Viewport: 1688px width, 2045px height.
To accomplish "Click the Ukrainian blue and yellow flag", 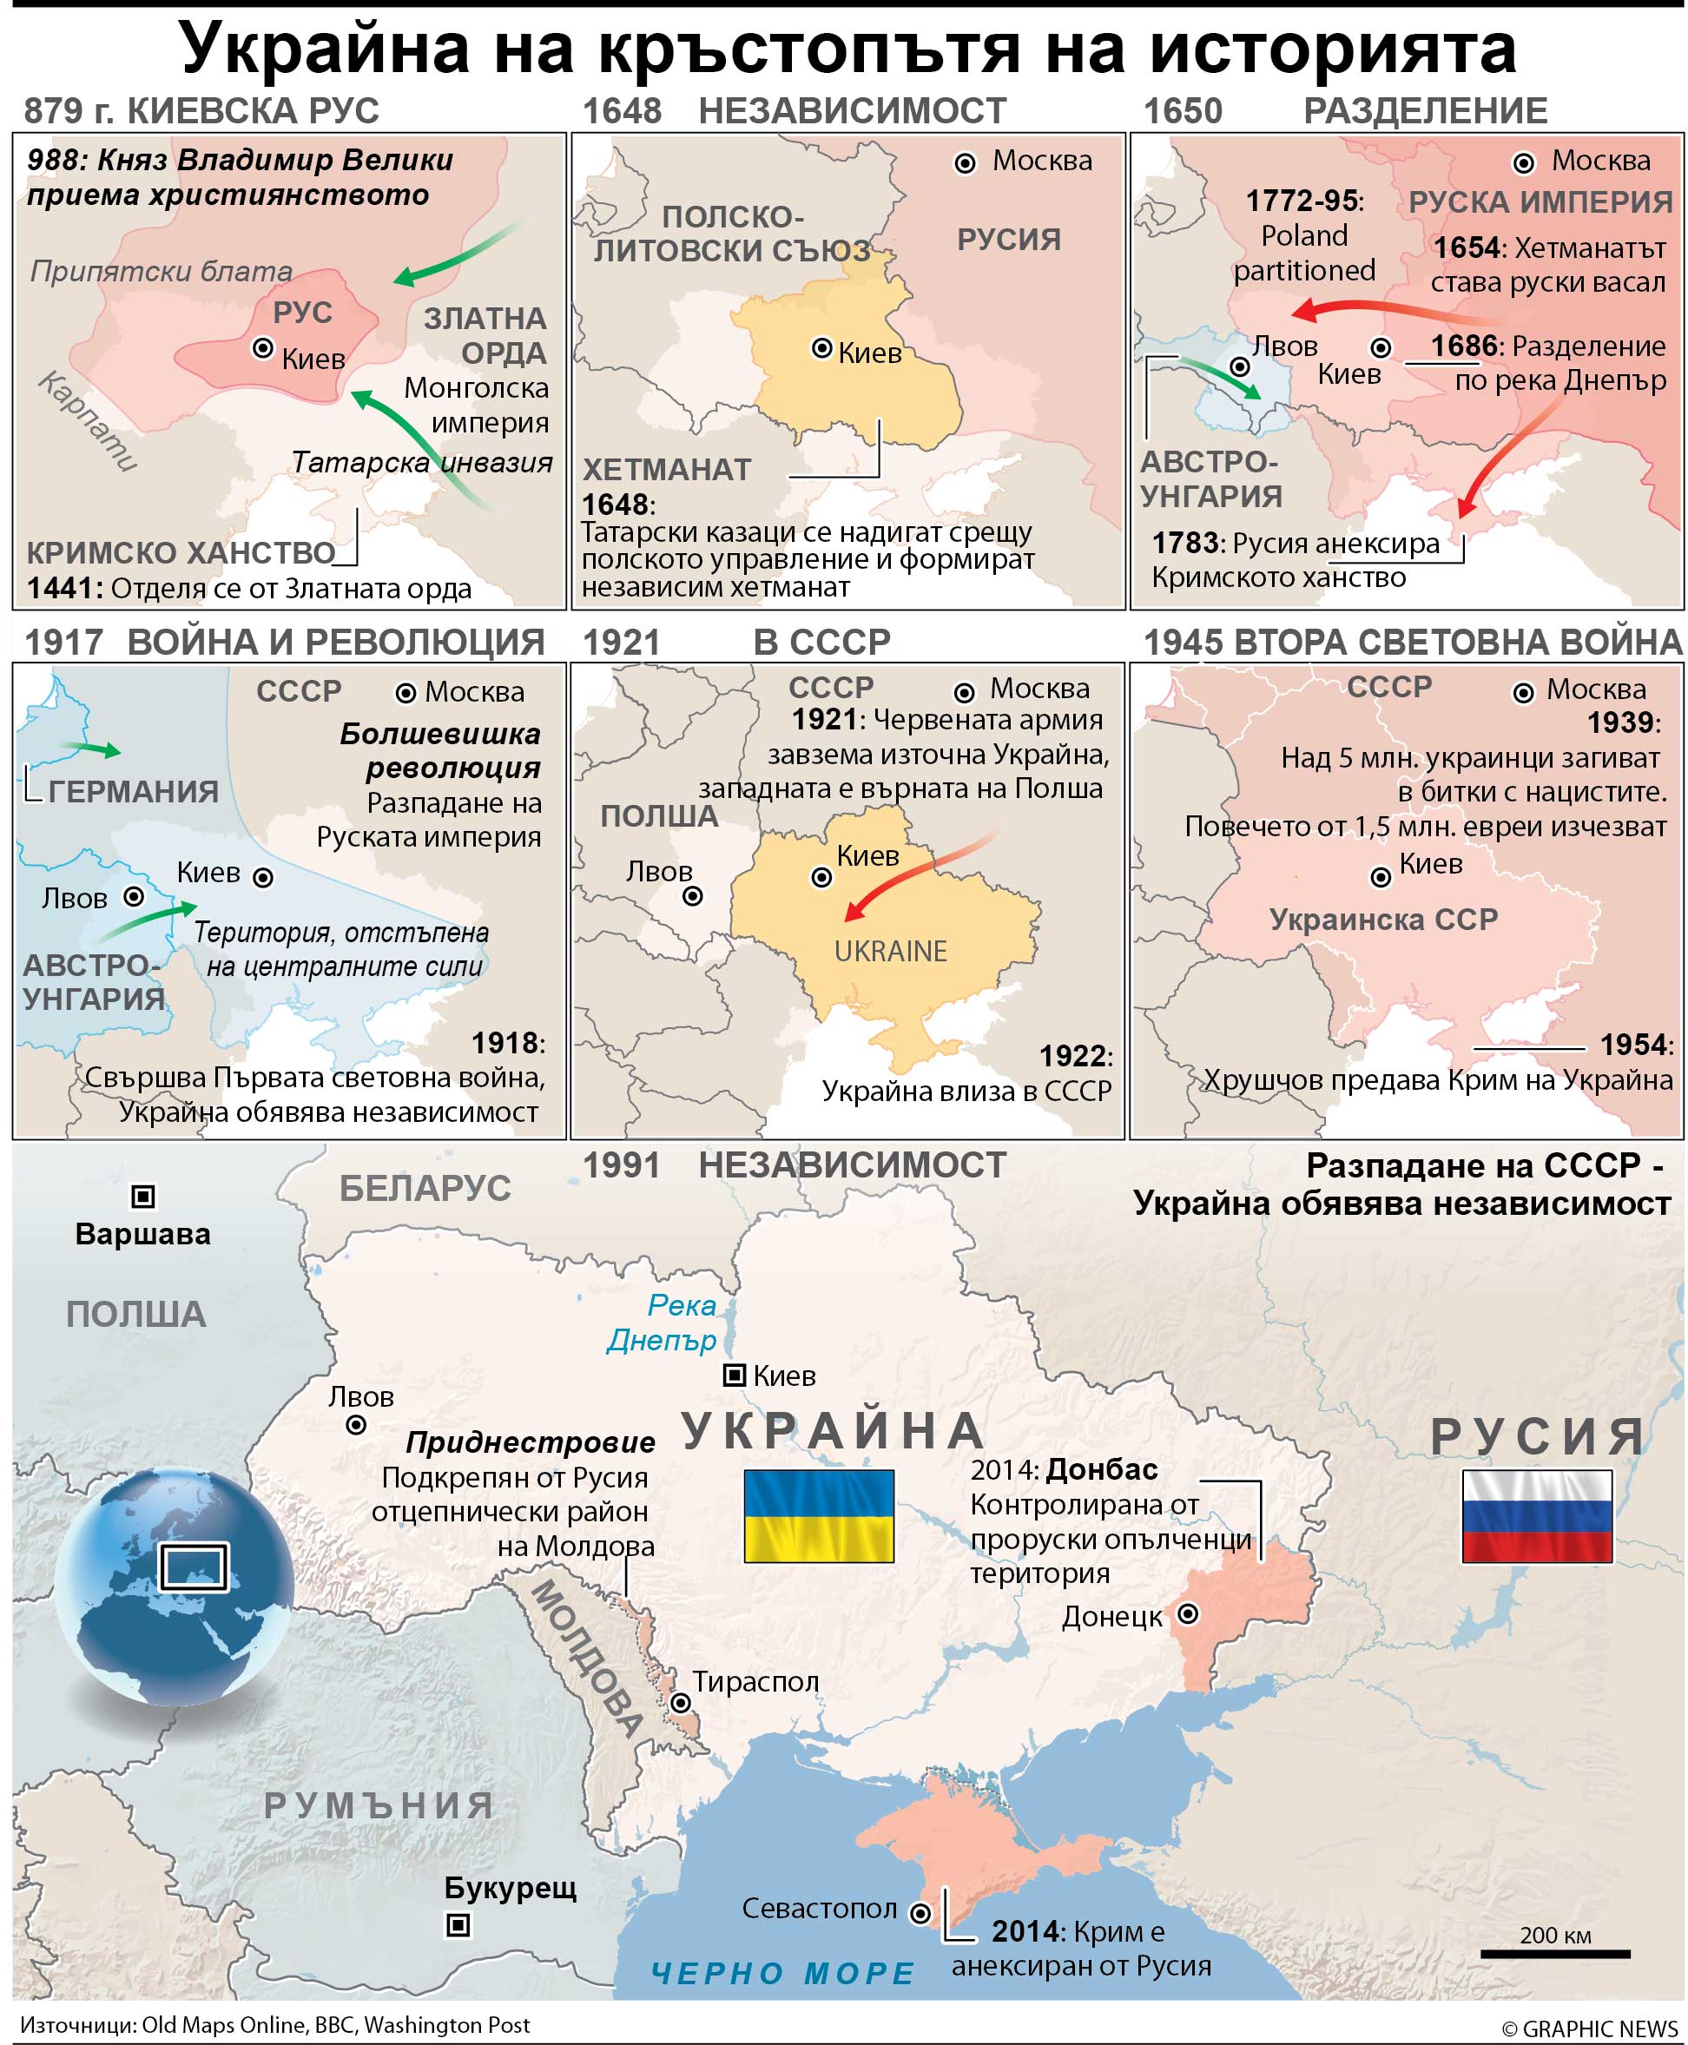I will click(x=818, y=1515).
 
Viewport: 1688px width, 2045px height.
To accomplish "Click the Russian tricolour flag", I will click(x=1536, y=1515).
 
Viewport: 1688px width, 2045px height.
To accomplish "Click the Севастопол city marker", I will click(x=920, y=1914).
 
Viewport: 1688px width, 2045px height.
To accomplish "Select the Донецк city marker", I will click(x=1187, y=1614).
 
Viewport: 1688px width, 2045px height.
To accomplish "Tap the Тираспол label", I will click(x=755, y=1681).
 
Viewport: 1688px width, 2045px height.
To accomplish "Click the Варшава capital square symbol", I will click(x=143, y=1196).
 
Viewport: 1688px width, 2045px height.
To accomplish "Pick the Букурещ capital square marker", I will click(x=458, y=1924).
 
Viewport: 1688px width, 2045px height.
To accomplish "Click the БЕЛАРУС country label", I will click(x=424, y=1188).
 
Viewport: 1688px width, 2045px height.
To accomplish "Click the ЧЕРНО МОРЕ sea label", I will click(x=782, y=1973).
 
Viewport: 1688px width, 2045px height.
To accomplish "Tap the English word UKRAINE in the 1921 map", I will click(x=890, y=951).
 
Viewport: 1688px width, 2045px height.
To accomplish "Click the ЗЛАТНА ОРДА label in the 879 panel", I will click(x=485, y=335).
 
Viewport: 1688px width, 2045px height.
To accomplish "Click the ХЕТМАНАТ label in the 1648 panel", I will click(x=666, y=470).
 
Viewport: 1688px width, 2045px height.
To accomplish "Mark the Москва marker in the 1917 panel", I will click(x=406, y=692).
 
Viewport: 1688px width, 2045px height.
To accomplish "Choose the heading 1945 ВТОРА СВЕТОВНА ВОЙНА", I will click(x=1412, y=642).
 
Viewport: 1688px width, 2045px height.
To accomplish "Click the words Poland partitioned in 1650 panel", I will click(x=1303, y=253).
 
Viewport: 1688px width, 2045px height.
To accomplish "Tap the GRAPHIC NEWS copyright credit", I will click(x=1589, y=2029).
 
